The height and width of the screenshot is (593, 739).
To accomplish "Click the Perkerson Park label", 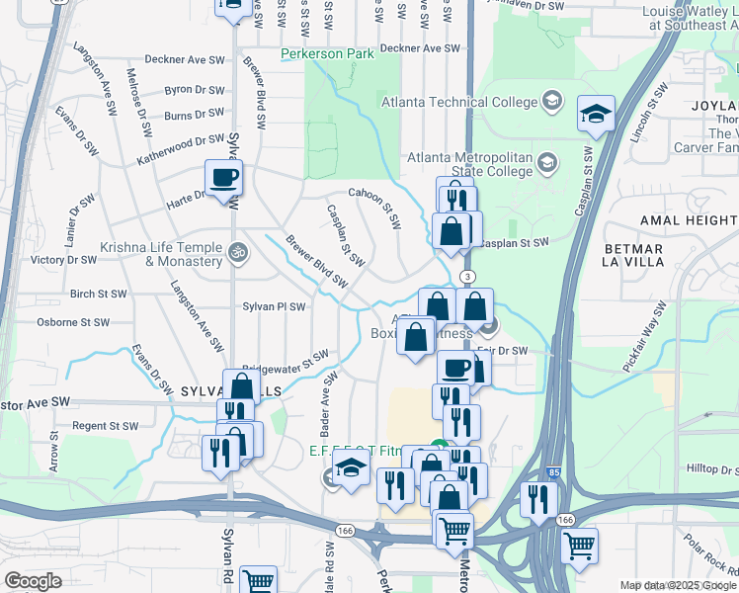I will pos(327,53).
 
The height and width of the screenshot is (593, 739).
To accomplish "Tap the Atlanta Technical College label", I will pos(460,101).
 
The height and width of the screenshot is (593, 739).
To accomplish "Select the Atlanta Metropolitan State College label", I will pos(471,165).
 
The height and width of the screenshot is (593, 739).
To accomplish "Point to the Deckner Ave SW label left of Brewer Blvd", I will pos(185,59).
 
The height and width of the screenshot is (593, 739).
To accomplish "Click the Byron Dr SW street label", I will pos(196,89).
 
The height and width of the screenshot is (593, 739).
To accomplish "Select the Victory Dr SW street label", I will pos(63,261).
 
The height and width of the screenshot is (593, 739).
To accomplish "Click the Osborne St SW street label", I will pos(72,322).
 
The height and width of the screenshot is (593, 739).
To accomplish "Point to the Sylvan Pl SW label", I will pos(275,307).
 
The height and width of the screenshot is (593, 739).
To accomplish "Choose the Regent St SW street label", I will pos(105,426).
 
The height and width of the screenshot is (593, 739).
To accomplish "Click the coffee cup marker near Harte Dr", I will pos(223,179).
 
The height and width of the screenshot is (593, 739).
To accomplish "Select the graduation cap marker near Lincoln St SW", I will pos(597,115).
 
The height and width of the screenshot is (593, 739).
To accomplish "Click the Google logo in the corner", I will pos(33,581).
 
